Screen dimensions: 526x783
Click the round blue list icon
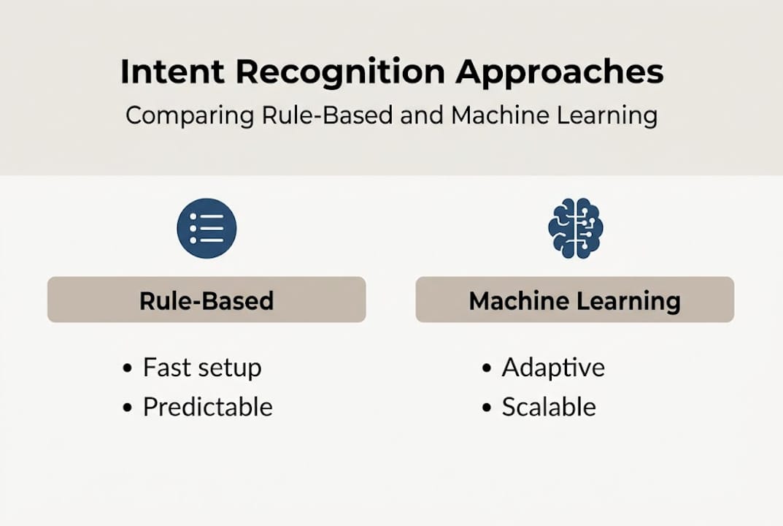click(x=207, y=229)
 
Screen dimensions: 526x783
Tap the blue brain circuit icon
click(x=575, y=229)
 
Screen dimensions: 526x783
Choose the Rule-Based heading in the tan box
click(x=207, y=300)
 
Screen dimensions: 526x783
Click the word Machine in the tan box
click(x=518, y=300)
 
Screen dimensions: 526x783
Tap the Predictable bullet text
click(x=207, y=407)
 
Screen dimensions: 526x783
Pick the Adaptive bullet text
click(x=553, y=367)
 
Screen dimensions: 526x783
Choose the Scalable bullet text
click(x=549, y=407)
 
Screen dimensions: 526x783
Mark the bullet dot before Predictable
click(x=128, y=408)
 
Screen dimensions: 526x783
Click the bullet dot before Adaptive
click(x=487, y=368)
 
